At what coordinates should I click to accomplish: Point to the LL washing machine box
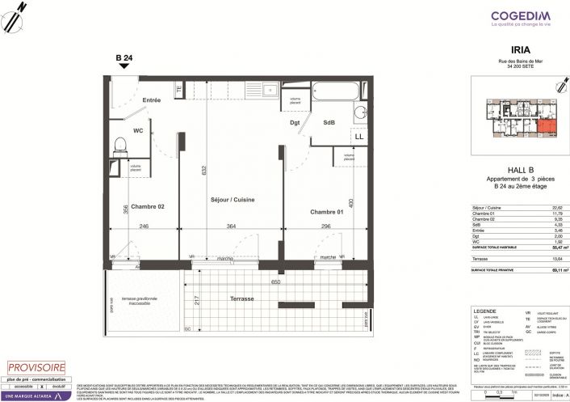(x=358, y=138)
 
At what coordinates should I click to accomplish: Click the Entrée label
(x=151, y=100)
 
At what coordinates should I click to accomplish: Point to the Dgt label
(x=295, y=123)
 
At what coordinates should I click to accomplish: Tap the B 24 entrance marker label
(x=123, y=57)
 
